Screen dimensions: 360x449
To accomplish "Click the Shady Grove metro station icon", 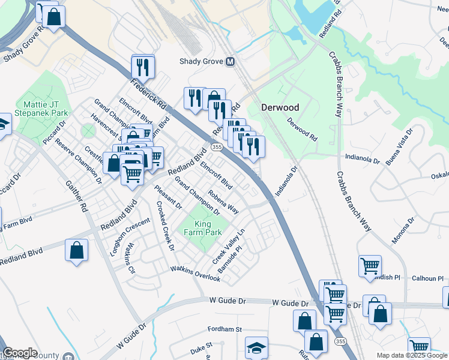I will coord(230,62).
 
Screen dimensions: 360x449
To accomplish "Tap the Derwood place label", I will coord(280,107).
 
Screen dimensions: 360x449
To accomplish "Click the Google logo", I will coord(19,353).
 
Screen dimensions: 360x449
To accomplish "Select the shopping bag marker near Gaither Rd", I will coord(76,250).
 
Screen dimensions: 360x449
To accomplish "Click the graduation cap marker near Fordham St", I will coord(256,347).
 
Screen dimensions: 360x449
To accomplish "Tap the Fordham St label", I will coord(224,329).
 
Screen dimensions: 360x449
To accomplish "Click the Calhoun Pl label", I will coord(428,278).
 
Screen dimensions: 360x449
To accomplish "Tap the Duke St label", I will coord(201,346).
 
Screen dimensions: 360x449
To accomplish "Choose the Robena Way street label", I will coord(223,202).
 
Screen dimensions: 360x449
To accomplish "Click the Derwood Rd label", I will coord(301,128).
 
